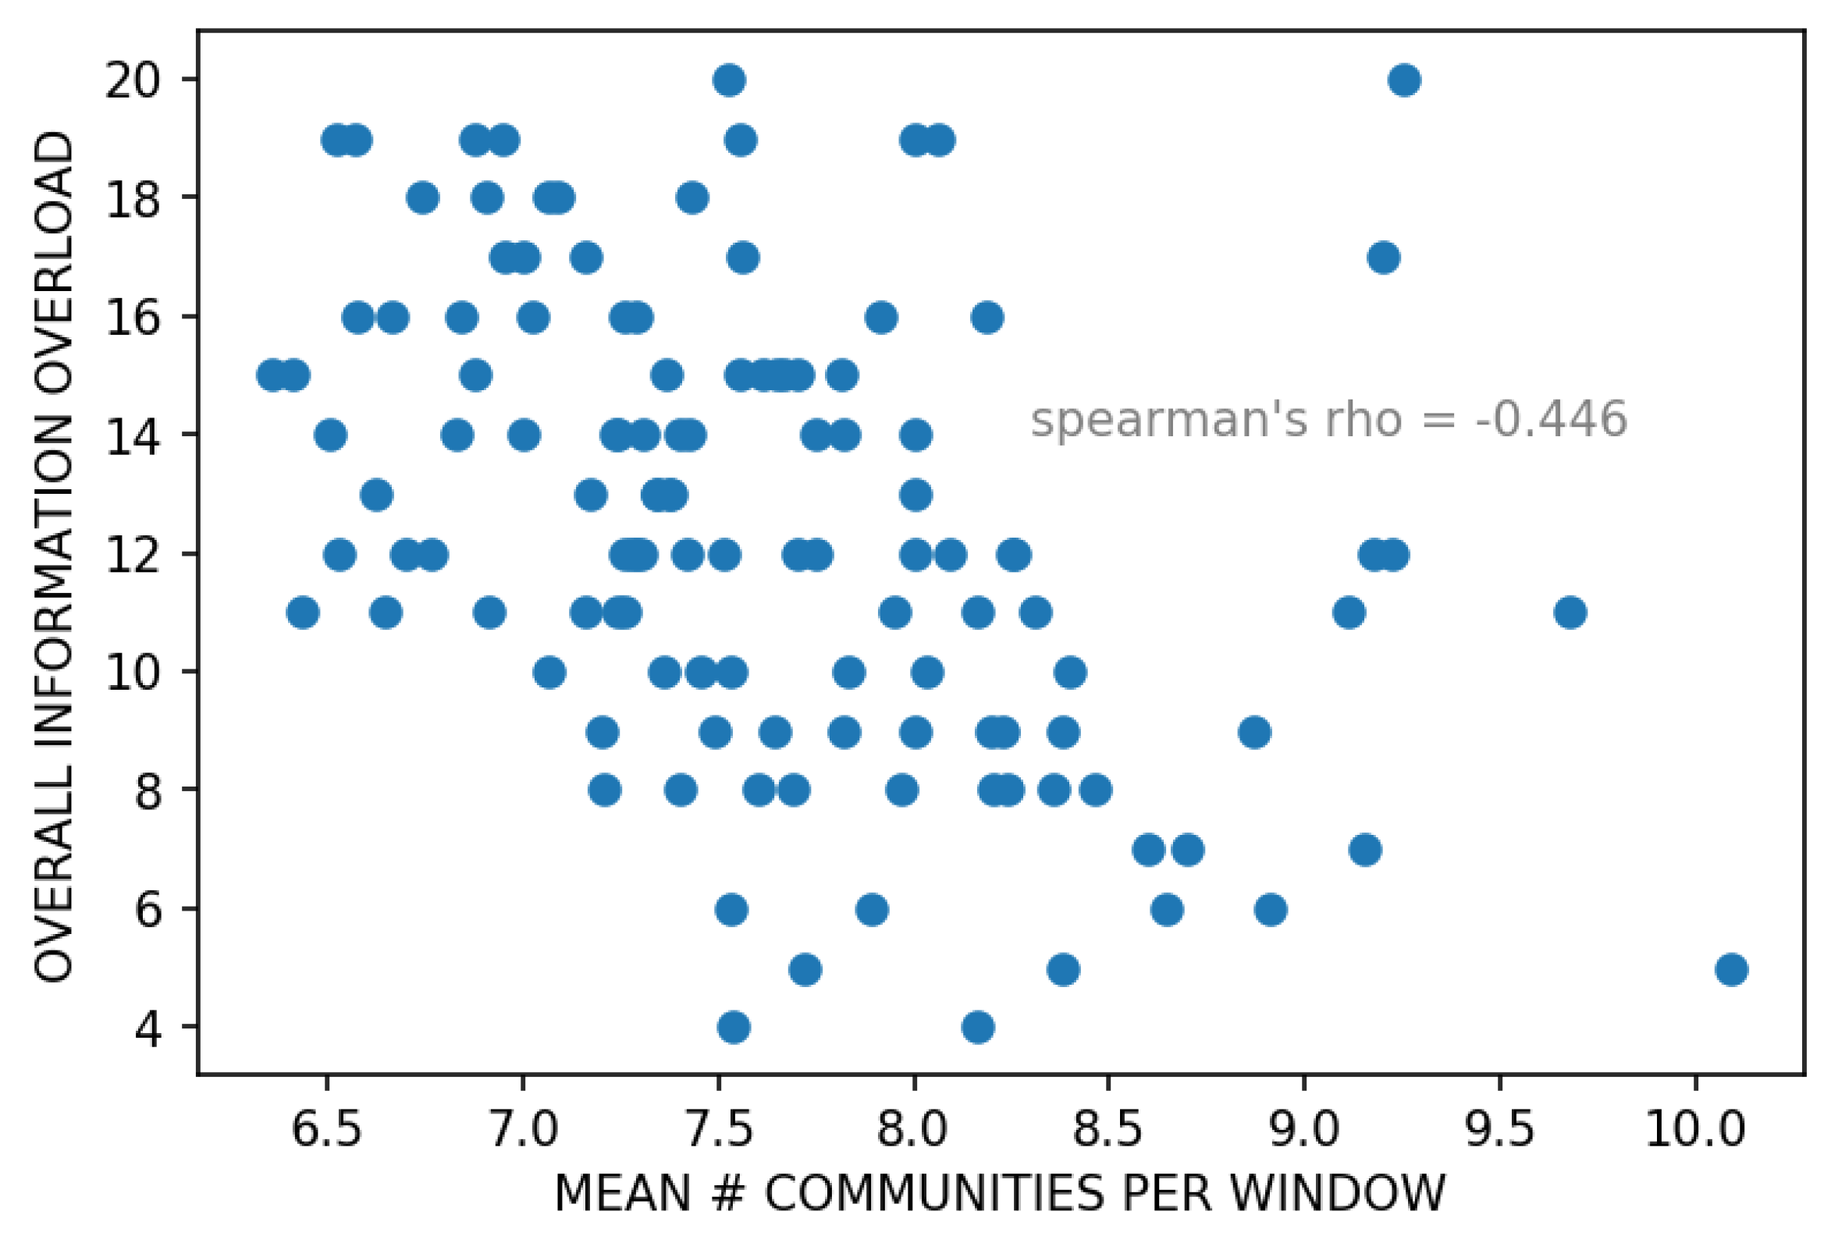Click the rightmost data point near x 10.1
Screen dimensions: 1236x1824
click(1731, 969)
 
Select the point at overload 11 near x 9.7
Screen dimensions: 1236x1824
click(1570, 612)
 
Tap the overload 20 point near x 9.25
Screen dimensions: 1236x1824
click(1404, 80)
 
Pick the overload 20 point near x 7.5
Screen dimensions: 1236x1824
click(729, 80)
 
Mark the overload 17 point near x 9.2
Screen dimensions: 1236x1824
click(1383, 257)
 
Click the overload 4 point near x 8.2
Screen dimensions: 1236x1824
click(978, 1026)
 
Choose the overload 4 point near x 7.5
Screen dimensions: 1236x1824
click(734, 1026)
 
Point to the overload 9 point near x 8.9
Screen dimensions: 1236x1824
click(1254, 732)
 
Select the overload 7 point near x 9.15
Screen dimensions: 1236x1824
click(1365, 850)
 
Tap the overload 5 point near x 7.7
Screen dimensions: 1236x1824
click(805, 969)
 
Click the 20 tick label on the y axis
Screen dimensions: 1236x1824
click(132, 80)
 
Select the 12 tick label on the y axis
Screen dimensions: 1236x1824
click(132, 556)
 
